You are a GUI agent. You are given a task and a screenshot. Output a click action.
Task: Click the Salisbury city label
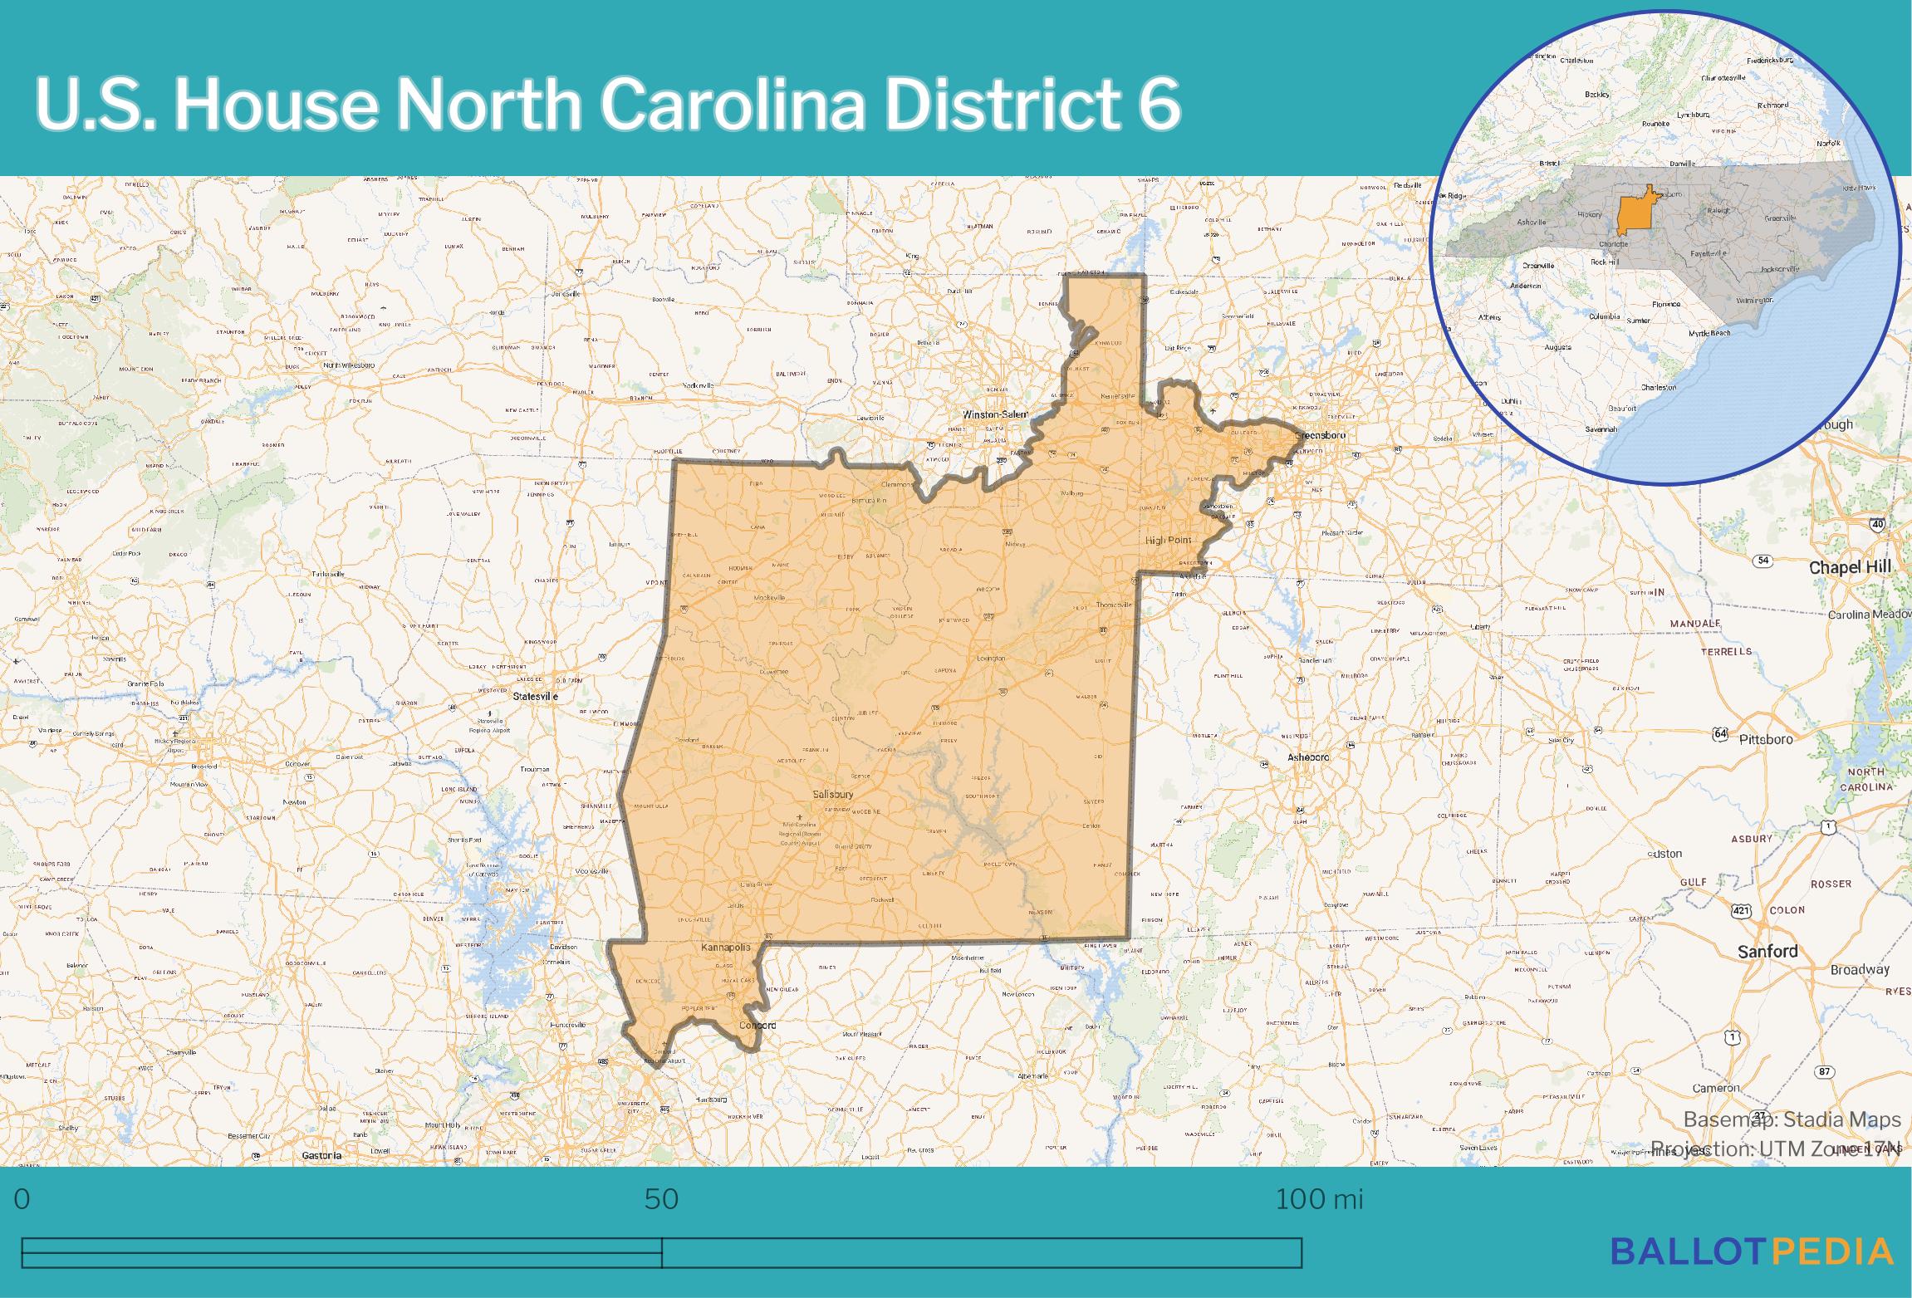833,794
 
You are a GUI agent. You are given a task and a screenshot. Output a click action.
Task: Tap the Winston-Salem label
994,414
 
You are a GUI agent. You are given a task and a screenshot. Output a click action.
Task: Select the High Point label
1168,540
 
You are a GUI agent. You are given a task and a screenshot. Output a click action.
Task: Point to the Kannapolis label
725,947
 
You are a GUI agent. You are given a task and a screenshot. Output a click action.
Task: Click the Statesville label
535,696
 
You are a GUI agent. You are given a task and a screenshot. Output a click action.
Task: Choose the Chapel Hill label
1850,567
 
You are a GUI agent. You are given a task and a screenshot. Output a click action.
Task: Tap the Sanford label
1767,952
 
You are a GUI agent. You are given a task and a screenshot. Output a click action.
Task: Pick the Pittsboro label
1766,739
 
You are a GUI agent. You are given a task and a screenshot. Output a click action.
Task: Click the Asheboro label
1308,757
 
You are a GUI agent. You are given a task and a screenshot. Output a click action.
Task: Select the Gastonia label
321,1155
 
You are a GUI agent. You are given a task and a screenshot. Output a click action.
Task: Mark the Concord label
757,1025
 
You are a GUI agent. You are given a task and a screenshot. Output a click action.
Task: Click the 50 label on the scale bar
661,1199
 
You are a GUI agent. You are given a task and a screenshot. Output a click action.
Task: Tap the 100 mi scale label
1319,1199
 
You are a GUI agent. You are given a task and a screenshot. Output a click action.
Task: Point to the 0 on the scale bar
22,1199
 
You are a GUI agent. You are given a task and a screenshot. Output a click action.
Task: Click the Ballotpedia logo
1752,1251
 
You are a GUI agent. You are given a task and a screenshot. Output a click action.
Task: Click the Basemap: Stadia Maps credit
1792,1119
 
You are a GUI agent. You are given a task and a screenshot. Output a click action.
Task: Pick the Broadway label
1860,969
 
